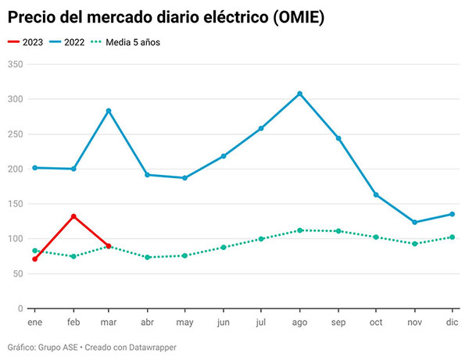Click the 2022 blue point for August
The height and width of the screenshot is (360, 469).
point(299,94)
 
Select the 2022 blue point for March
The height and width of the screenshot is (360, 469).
point(109,111)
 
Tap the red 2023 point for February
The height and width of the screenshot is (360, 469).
point(73,216)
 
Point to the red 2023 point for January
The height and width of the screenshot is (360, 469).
point(35,258)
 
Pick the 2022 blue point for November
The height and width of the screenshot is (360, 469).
point(414,223)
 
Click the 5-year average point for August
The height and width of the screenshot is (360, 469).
point(299,230)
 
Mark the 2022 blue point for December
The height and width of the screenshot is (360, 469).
point(452,214)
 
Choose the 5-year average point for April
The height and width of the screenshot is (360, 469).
point(148,257)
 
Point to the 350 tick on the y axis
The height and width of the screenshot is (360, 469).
point(15,64)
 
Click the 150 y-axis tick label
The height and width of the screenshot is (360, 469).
point(15,204)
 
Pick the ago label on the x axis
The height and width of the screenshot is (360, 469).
point(299,321)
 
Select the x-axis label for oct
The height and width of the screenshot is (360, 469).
point(375,321)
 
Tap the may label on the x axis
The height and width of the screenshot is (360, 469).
point(185,321)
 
